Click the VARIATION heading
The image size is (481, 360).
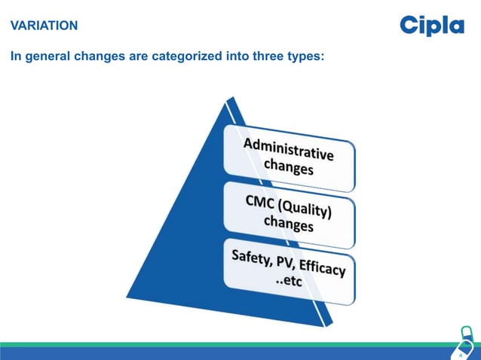pos(44,26)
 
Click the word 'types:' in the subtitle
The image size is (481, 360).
pos(300,57)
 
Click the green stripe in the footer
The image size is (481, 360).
pos(226,345)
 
